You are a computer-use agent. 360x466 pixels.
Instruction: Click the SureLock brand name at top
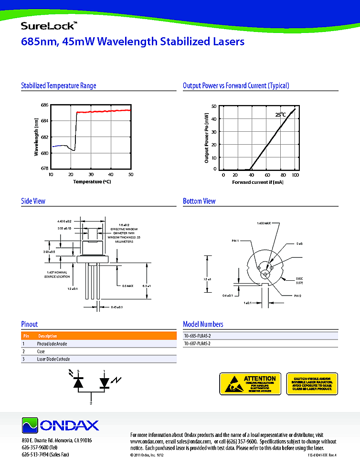pos(46,25)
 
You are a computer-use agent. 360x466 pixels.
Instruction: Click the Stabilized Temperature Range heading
pos(58,86)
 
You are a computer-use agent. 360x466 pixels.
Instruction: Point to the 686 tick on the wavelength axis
pos(44,105)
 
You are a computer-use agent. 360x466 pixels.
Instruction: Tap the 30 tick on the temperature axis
pos(91,174)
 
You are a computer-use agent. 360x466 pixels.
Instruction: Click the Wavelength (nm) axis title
pos(36,137)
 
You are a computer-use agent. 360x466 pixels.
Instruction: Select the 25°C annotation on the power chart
pos(280,115)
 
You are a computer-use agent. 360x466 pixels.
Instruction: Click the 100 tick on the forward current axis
pos(296,175)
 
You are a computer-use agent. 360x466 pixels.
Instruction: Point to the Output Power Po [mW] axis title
pos(207,138)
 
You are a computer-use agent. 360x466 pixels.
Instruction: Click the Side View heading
pos(33,201)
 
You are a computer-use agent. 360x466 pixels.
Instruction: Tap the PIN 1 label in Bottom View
pos(235,241)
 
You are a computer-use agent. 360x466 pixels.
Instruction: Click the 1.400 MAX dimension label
pos(264,223)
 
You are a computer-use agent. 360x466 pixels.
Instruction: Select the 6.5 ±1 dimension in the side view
pos(147,286)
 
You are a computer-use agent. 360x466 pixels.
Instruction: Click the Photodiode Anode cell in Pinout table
pos(52,344)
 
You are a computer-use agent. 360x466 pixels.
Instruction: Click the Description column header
pos(47,336)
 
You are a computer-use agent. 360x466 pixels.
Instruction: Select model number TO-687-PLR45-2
pos(201,344)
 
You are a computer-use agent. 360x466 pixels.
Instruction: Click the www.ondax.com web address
pos(146,442)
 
